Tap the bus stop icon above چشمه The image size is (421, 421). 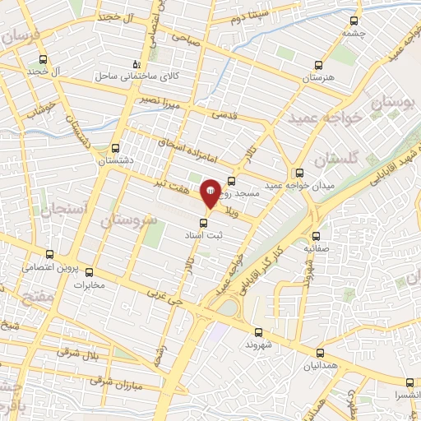354,21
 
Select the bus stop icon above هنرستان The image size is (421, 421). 313,65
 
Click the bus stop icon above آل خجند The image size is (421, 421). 43,59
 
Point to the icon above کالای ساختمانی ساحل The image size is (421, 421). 136,63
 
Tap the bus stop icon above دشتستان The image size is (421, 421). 114,149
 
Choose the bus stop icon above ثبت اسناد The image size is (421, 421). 204,222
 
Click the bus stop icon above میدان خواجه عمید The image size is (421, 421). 299,173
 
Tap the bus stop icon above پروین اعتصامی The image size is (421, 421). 49,255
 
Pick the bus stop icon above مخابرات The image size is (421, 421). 90,273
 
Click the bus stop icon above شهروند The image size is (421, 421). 258,332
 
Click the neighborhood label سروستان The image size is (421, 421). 127,220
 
